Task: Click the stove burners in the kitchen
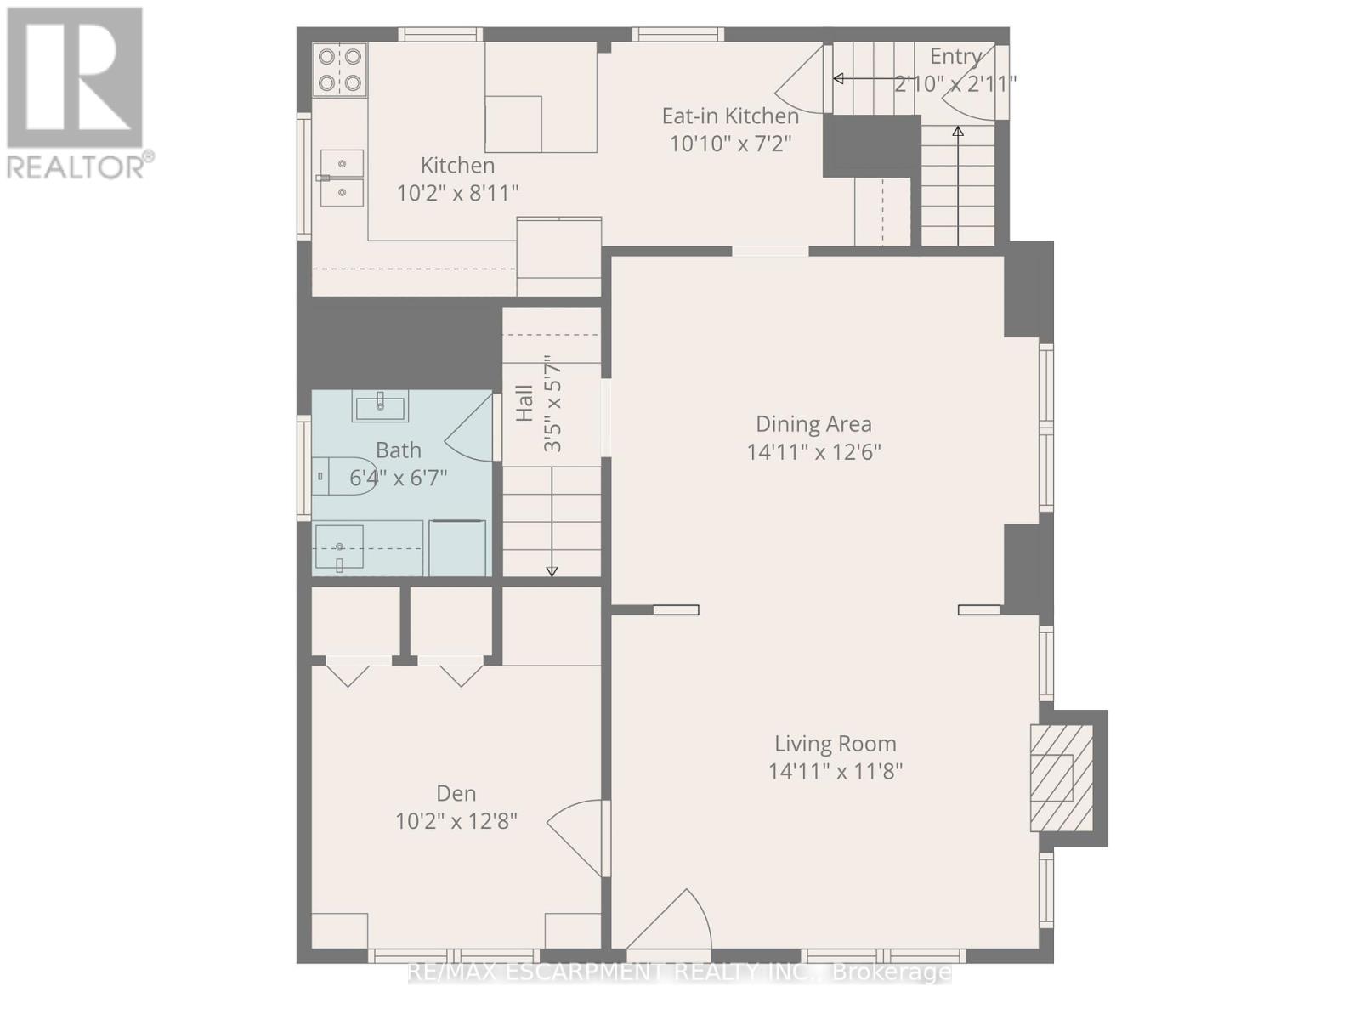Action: click(339, 70)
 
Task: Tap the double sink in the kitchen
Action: click(342, 178)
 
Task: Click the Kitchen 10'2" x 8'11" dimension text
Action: click(457, 194)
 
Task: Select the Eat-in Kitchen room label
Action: click(730, 116)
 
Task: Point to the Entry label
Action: click(955, 56)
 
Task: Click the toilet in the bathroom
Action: click(345, 476)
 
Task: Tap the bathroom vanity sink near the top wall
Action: click(380, 406)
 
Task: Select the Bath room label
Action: click(399, 450)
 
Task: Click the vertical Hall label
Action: click(524, 403)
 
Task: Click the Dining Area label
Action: click(813, 423)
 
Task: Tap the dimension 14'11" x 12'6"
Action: click(813, 451)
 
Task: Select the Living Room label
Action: click(835, 744)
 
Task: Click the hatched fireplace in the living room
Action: click(1062, 778)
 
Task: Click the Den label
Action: click(456, 793)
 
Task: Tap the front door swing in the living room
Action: click(671, 922)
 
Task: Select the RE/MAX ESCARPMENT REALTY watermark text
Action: click(680, 972)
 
